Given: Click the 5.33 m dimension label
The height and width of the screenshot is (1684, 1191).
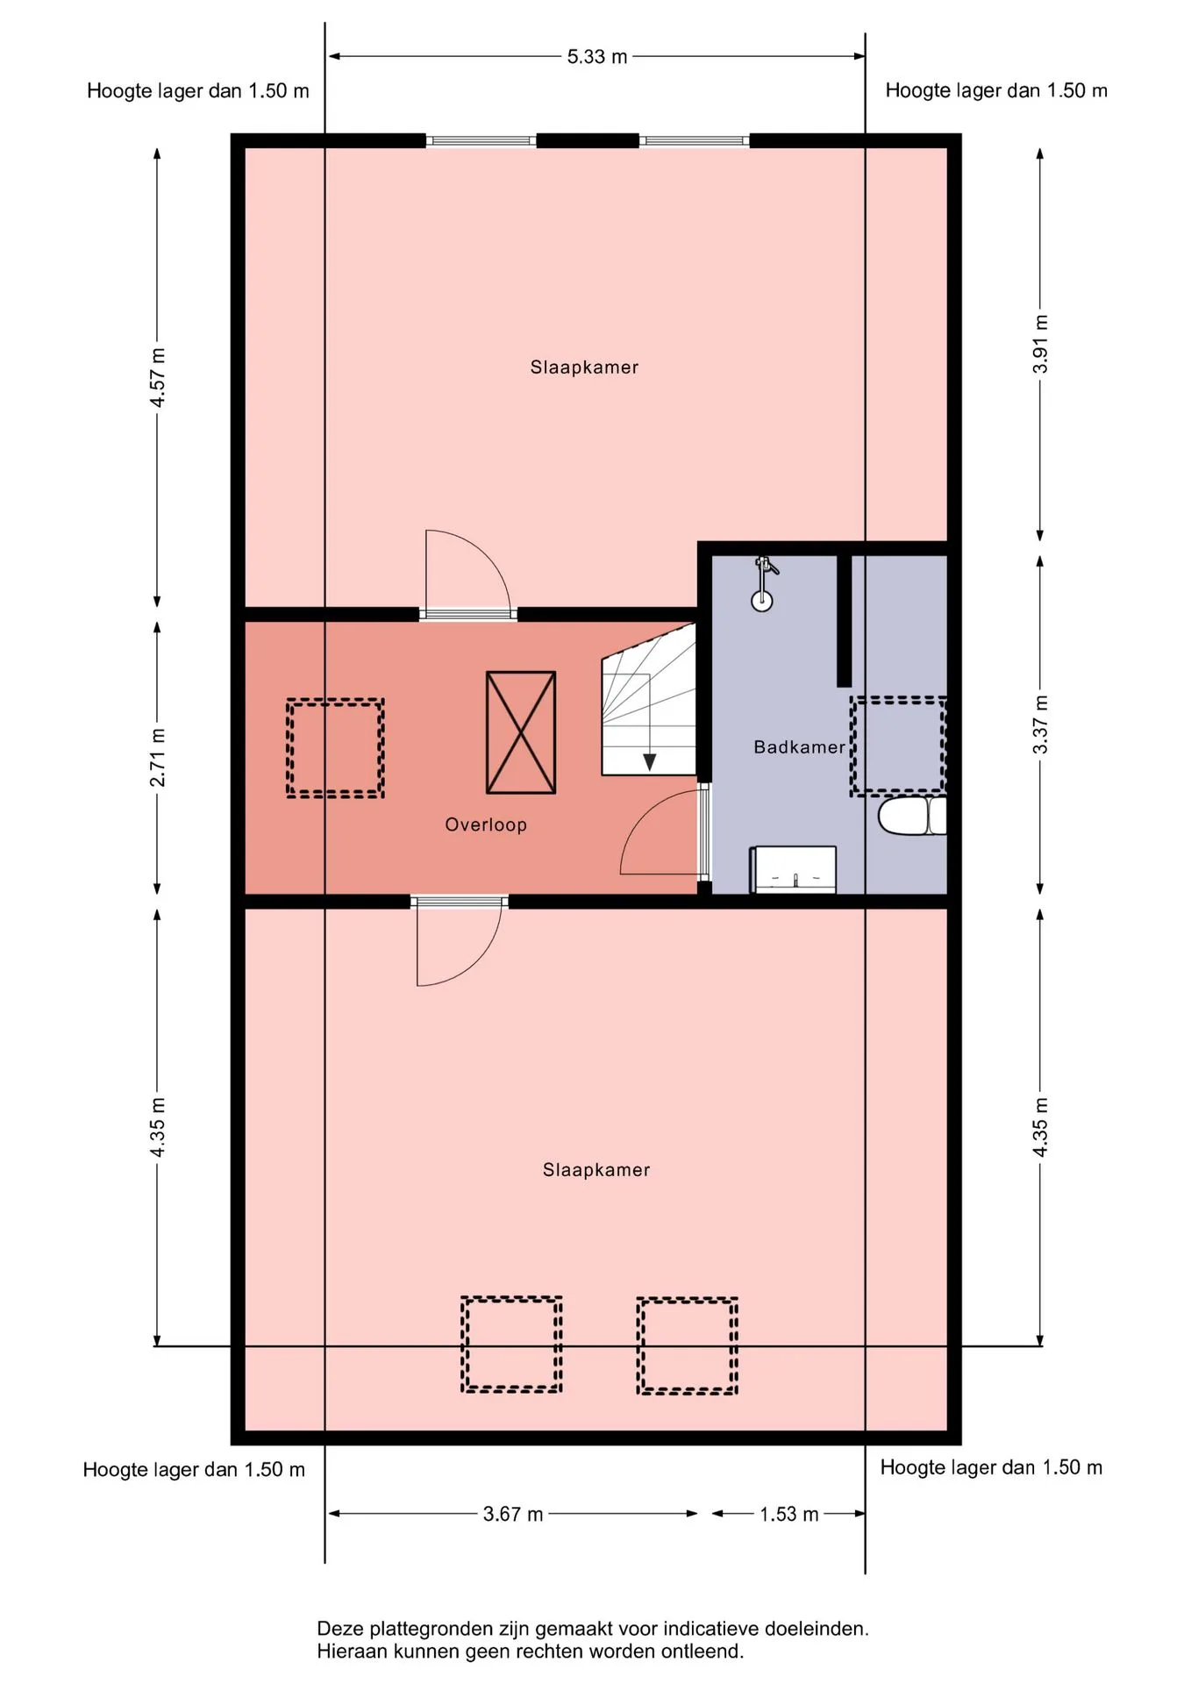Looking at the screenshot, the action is pyautogui.click(x=597, y=57).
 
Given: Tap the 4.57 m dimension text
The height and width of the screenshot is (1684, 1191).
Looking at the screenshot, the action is pyautogui.click(x=158, y=378).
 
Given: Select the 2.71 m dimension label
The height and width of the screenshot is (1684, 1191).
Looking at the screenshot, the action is pyautogui.click(x=158, y=758).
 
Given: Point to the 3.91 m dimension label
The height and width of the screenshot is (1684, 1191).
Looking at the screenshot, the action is pyautogui.click(x=1040, y=344).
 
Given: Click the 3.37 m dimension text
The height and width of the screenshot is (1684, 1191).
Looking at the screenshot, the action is pyautogui.click(x=1040, y=724).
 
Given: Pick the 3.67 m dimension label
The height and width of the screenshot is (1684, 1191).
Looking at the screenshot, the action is pyautogui.click(x=513, y=1515).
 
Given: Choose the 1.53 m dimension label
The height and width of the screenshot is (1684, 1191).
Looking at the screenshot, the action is pyautogui.click(x=789, y=1515).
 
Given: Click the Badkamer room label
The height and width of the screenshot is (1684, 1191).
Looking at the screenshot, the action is pyautogui.click(x=800, y=747).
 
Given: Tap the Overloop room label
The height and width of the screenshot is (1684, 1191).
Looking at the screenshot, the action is pyautogui.click(x=486, y=824).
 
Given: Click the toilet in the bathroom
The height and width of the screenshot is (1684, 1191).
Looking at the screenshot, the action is pyautogui.click(x=912, y=816).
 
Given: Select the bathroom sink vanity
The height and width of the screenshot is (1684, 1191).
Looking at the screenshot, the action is pyautogui.click(x=793, y=869).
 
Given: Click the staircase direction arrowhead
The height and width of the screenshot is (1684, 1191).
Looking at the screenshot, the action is pyautogui.click(x=649, y=761).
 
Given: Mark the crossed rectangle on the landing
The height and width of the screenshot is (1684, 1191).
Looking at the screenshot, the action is pyautogui.click(x=521, y=732).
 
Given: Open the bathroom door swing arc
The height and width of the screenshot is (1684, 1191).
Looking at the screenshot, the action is pyautogui.click(x=646, y=808).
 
